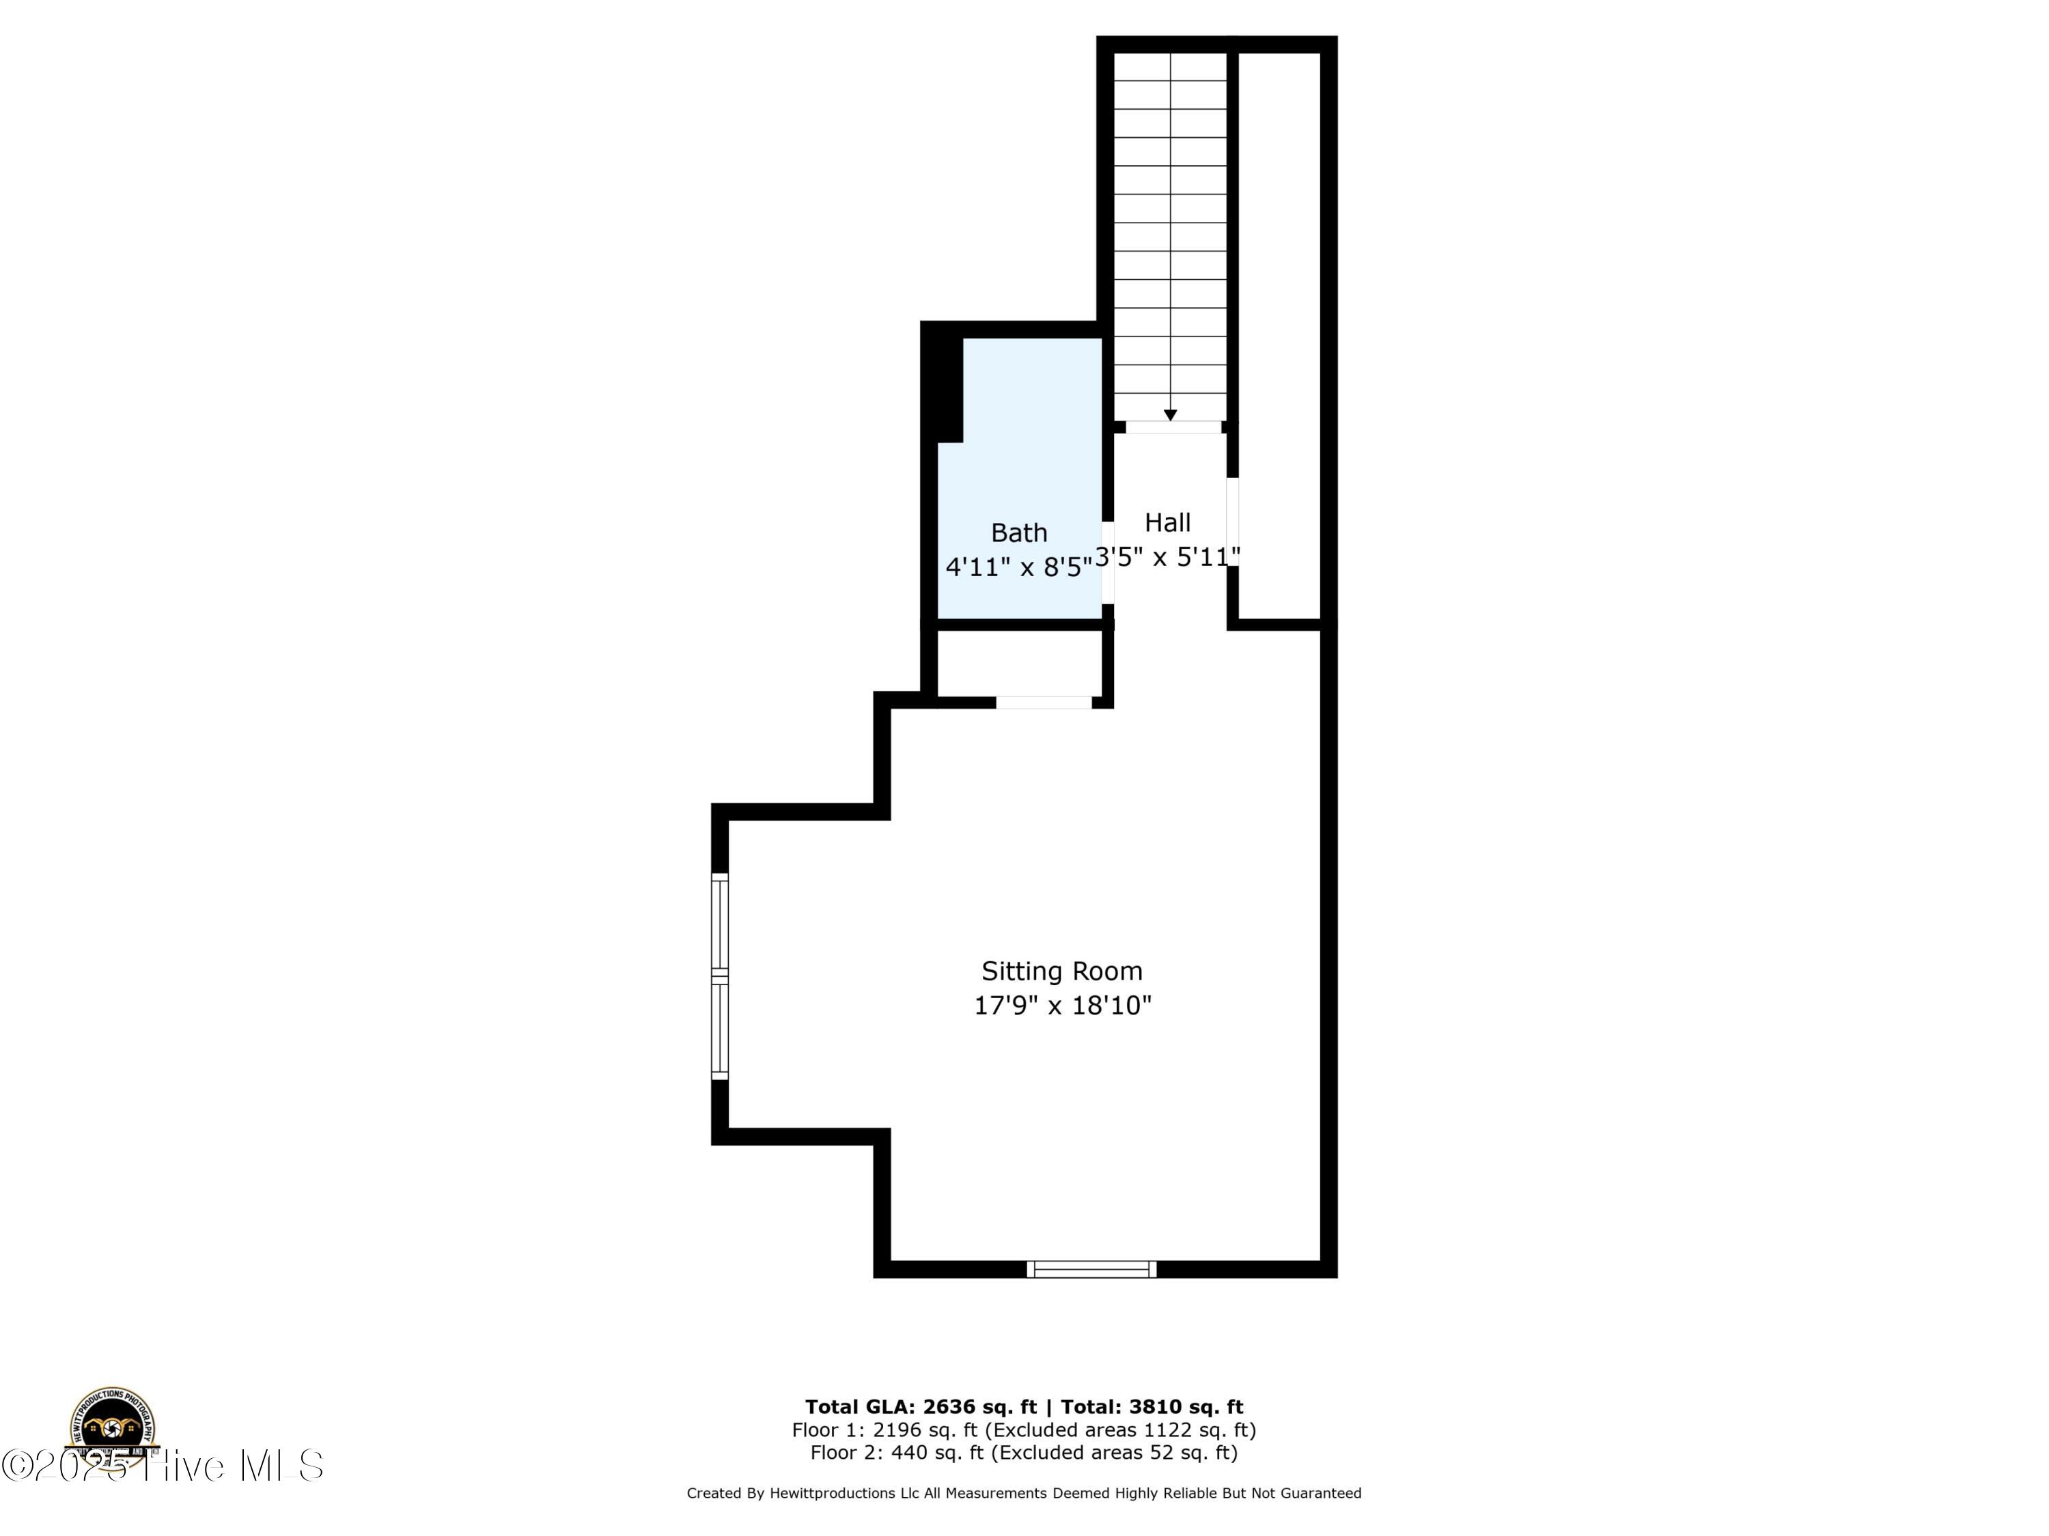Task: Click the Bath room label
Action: click(x=1019, y=532)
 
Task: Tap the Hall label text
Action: click(x=1167, y=522)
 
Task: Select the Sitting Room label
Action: click(x=1061, y=971)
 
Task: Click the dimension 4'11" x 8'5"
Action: click(x=1018, y=567)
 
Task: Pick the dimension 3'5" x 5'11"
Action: click(x=1167, y=556)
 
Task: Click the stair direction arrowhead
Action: click(x=1170, y=416)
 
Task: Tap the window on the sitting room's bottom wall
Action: click(x=1091, y=1268)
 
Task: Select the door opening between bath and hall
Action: click(x=1107, y=562)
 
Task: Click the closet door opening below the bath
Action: click(x=1044, y=702)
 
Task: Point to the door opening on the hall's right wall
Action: click(x=1233, y=522)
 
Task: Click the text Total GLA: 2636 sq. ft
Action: click(x=920, y=1407)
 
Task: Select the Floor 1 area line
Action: click(x=1024, y=1430)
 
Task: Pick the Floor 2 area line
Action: click(x=1024, y=1453)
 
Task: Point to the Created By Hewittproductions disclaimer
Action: click(x=1024, y=1492)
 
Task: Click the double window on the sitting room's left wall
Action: click(x=720, y=977)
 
